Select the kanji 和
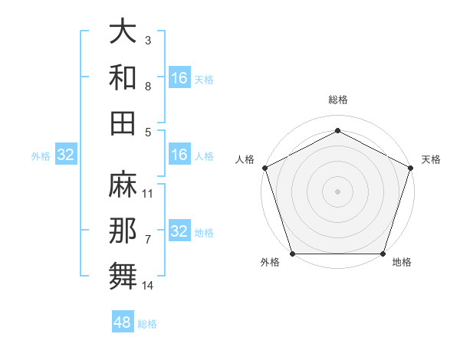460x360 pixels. pyautogui.click(x=123, y=77)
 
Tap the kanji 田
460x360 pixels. pyautogui.click(x=123, y=123)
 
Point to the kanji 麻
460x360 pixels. pyautogui.click(x=123, y=184)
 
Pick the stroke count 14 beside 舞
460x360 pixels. pyautogui.click(x=148, y=286)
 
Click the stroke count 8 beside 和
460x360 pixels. pyautogui.click(x=148, y=87)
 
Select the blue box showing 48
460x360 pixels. pyautogui.click(x=122, y=322)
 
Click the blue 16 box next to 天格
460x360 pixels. pyautogui.click(x=179, y=78)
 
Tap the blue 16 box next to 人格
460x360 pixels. pyautogui.click(x=179, y=155)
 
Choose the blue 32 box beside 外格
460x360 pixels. pyautogui.click(x=65, y=155)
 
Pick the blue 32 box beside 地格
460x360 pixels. pyautogui.click(x=179, y=232)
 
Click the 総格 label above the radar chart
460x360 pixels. pyautogui.click(x=337, y=100)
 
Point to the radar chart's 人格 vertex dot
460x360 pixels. pyautogui.click(x=264, y=167)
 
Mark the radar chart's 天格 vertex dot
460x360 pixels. pyautogui.click(x=411, y=167)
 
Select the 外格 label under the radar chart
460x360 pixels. pyautogui.click(x=270, y=263)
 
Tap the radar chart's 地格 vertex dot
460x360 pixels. pyautogui.click(x=383, y=254)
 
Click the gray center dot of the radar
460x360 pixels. pyautogui.click(x=337, y=191)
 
